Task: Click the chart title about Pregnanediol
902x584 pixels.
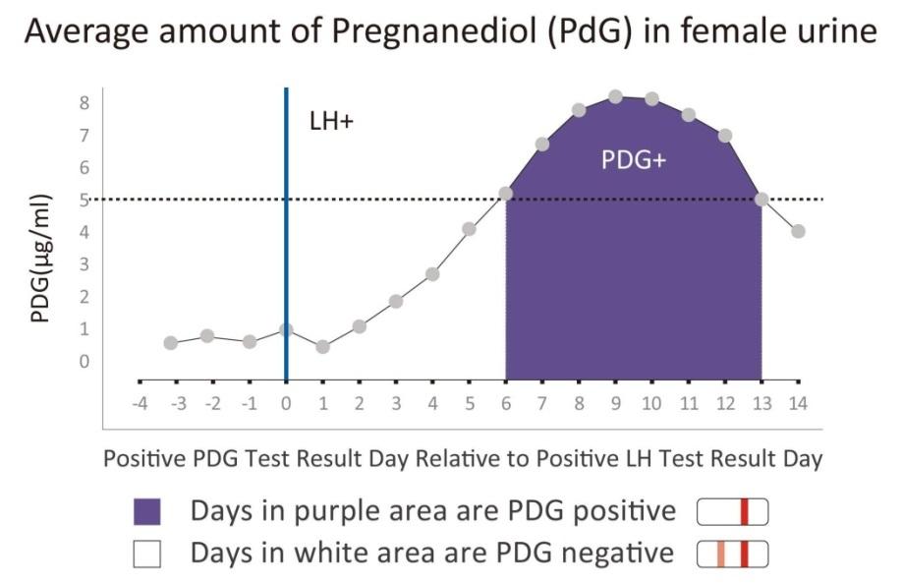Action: (x=451, y=32)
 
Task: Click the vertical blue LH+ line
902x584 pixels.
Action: (x=286, y=236)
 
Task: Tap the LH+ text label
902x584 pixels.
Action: (x=331, y=125)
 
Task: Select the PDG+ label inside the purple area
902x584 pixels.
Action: (x=634, y=161)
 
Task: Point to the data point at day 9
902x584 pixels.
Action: (x=615, y=96)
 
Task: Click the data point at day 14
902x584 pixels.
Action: (x=798, y=232)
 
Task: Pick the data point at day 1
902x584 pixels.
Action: (x=322, y=347)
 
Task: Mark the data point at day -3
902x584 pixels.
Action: (x=171, y=343)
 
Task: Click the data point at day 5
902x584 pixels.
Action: (x=470, y=229)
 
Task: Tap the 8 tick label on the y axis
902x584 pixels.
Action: (x=85, y=103)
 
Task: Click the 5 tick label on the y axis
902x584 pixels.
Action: (x=85, y=201)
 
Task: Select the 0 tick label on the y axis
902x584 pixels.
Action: (x=85, y=362)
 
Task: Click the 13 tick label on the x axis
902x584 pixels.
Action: (x=761, y=404)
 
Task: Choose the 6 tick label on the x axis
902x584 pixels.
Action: (x=506, y=404)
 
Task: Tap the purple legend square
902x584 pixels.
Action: (x=146, y=512)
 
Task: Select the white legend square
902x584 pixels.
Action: (x=146, y=555)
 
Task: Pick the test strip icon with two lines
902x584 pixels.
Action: (x=732, y=555)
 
